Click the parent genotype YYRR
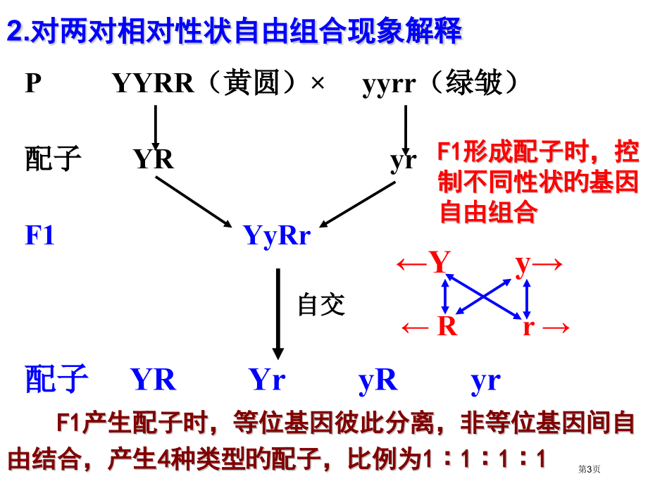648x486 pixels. (153, 83)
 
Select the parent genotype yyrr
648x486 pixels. (389, 85)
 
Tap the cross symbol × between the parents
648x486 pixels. (318, 84)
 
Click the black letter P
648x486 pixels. (33, 83)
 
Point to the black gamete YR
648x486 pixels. (154, 158)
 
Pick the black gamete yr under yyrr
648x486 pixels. (404, 161)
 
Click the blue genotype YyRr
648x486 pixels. (277, 236)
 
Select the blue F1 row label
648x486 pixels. (39, 235)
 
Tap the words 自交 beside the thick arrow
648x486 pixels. (321, 304)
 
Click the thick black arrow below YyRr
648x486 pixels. (278, 314)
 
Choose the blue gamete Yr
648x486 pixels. (267, 380)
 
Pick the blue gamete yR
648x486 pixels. (378, 380)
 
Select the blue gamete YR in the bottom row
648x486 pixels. (154, 380)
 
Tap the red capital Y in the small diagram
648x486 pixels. (440, 262)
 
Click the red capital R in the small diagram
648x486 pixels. (447, 326)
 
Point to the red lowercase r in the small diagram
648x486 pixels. (528, 328)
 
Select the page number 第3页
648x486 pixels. (590, 469)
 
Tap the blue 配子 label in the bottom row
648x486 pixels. (56, 379)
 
